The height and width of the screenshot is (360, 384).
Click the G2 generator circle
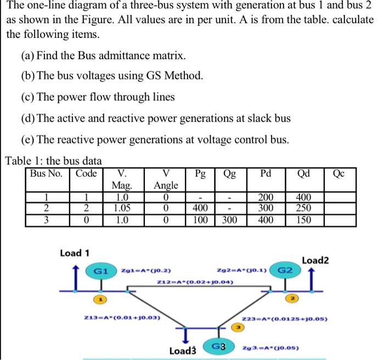click(x=287, y=271)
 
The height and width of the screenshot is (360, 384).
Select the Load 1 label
click(x=75, y=253)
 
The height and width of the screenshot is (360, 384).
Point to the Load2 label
click(x=315, y=261)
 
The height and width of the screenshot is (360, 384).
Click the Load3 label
click(x=184, y=350)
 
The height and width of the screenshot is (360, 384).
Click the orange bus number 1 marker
click(x=101, y=299)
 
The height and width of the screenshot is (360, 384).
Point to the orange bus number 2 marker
click(x=293, y=299)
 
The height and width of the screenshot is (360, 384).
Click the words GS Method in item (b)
click(x=175, y=75)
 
